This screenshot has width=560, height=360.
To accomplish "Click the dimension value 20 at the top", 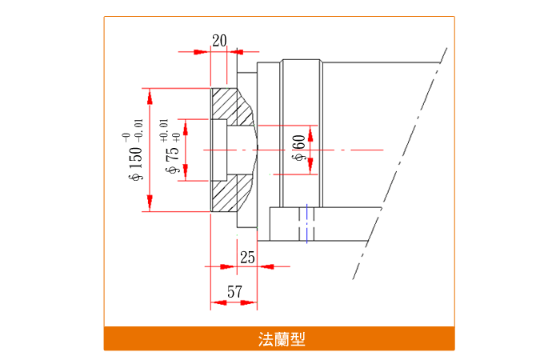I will (219, 40).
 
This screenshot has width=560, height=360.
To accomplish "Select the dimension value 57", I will (234, 292).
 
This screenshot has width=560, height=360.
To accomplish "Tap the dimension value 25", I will (247, 256).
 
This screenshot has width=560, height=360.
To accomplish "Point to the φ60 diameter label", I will (298, 148).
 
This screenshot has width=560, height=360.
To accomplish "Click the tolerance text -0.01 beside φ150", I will (138, 129).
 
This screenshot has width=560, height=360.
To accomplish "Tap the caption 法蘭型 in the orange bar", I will (279, 339).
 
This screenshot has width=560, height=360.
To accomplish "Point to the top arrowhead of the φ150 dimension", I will (149, 94).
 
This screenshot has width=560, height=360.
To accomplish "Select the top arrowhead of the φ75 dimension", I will (186, 124).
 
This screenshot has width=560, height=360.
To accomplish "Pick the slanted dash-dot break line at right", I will (400, 160).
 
